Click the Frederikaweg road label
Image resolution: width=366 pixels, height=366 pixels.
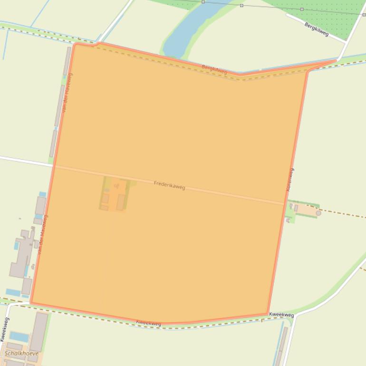click(x=169, y=185)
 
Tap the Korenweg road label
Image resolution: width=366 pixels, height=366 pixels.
click(x=289, y=180)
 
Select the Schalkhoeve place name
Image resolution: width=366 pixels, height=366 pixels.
click(x=21, y=353)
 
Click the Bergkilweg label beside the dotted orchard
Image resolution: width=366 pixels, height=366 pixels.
click(x=317, y=29)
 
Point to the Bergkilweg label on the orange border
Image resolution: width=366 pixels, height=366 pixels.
click(x=214, y=69)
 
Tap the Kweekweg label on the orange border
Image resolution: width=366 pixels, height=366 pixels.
click(x=148, y=323)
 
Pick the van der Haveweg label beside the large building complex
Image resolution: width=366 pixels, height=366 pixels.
click(x=42, y=234)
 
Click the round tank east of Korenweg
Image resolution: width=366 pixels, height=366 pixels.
click(x=318, y=213)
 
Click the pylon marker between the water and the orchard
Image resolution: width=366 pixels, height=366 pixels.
click(x=241, y=6)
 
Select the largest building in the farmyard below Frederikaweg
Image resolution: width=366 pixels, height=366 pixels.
click(x=121, y=202)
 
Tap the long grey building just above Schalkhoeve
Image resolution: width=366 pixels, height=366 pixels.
click(x=39, y=331)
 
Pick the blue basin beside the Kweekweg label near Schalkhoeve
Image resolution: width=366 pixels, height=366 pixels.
click(x=19, y=337)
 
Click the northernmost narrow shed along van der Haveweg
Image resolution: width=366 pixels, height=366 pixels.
click(x=67, y=61)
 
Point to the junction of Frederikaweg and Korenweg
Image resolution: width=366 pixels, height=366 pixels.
click(x=285, y=204)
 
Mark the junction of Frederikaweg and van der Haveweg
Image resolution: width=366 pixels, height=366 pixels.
click(x=54, y=166)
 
